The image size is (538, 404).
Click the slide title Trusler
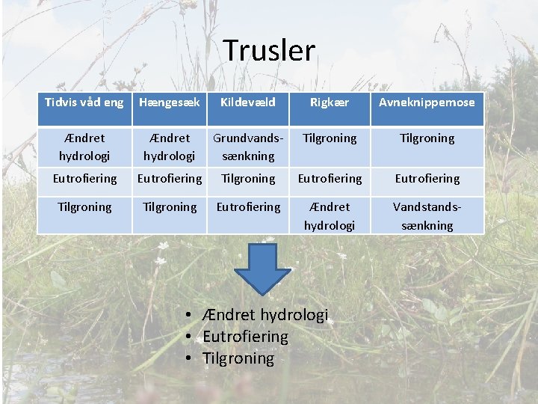click(269, 51)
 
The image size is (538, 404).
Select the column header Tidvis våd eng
click(84, 102)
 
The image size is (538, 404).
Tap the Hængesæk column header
click(170, 102)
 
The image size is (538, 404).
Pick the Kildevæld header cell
click(248, 102)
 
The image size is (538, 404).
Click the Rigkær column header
click(330, 102)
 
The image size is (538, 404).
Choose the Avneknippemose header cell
click(427, 102)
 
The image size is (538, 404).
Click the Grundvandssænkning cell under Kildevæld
click(248, 147)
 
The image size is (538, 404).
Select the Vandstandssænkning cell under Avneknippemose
click(427, 215)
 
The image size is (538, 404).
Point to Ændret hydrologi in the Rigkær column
click(330, 215)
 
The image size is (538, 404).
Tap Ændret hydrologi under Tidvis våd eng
click(84, 147)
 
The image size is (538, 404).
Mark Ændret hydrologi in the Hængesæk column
click(170, 147)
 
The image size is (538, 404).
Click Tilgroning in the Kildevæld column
click(248, 179)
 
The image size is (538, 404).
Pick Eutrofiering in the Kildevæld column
click(248, 206)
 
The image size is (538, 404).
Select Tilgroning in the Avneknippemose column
click(427, 138)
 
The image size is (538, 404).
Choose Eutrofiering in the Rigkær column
click(330, 179)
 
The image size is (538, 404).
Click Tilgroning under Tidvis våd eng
click(84, 206)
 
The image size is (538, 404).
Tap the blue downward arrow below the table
click(259, 266)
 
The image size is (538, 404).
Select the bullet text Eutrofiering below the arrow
click(245, 337)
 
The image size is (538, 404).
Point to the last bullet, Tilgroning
click(238, 358)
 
